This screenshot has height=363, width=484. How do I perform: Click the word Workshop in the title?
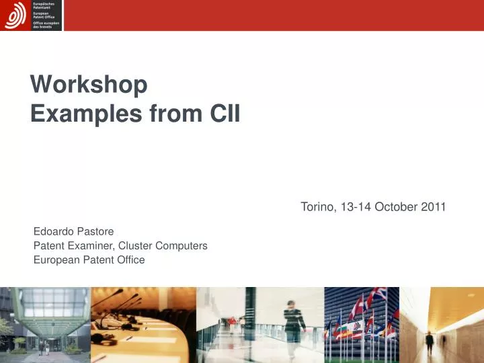[x=89, y=85]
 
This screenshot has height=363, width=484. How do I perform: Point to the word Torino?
[x=319, y=206]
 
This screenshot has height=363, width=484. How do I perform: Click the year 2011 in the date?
[x=434, y=206]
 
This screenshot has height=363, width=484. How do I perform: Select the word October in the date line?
[x=397, y=206]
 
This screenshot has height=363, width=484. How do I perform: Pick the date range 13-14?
[x=356, y=206]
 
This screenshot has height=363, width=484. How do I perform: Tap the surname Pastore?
[x=97, y=232]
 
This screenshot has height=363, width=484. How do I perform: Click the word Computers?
[x=182, y=246]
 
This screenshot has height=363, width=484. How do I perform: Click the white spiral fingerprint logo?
[x=15, y=15]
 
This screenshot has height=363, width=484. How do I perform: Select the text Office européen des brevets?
[x=46, y=25]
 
